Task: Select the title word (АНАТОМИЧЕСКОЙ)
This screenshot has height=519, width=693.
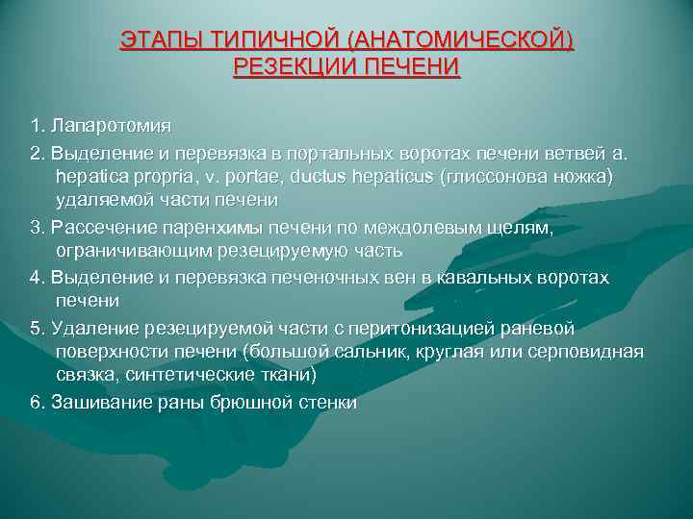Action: click(461, 41)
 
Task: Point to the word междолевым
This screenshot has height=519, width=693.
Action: click(425, 227)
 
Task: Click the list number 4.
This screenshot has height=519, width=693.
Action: click(36, 277)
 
